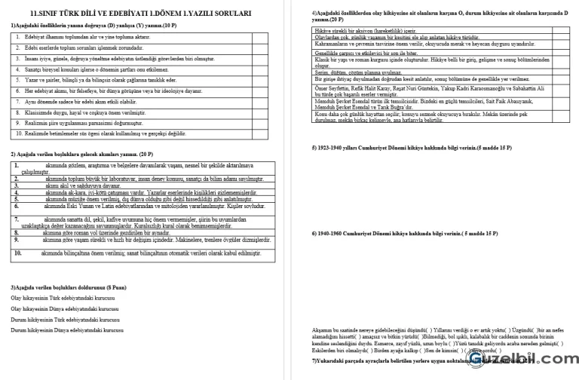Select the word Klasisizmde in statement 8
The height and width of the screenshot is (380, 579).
pos(38,112)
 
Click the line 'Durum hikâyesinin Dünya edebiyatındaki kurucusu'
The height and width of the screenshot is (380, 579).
pos(66,329)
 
